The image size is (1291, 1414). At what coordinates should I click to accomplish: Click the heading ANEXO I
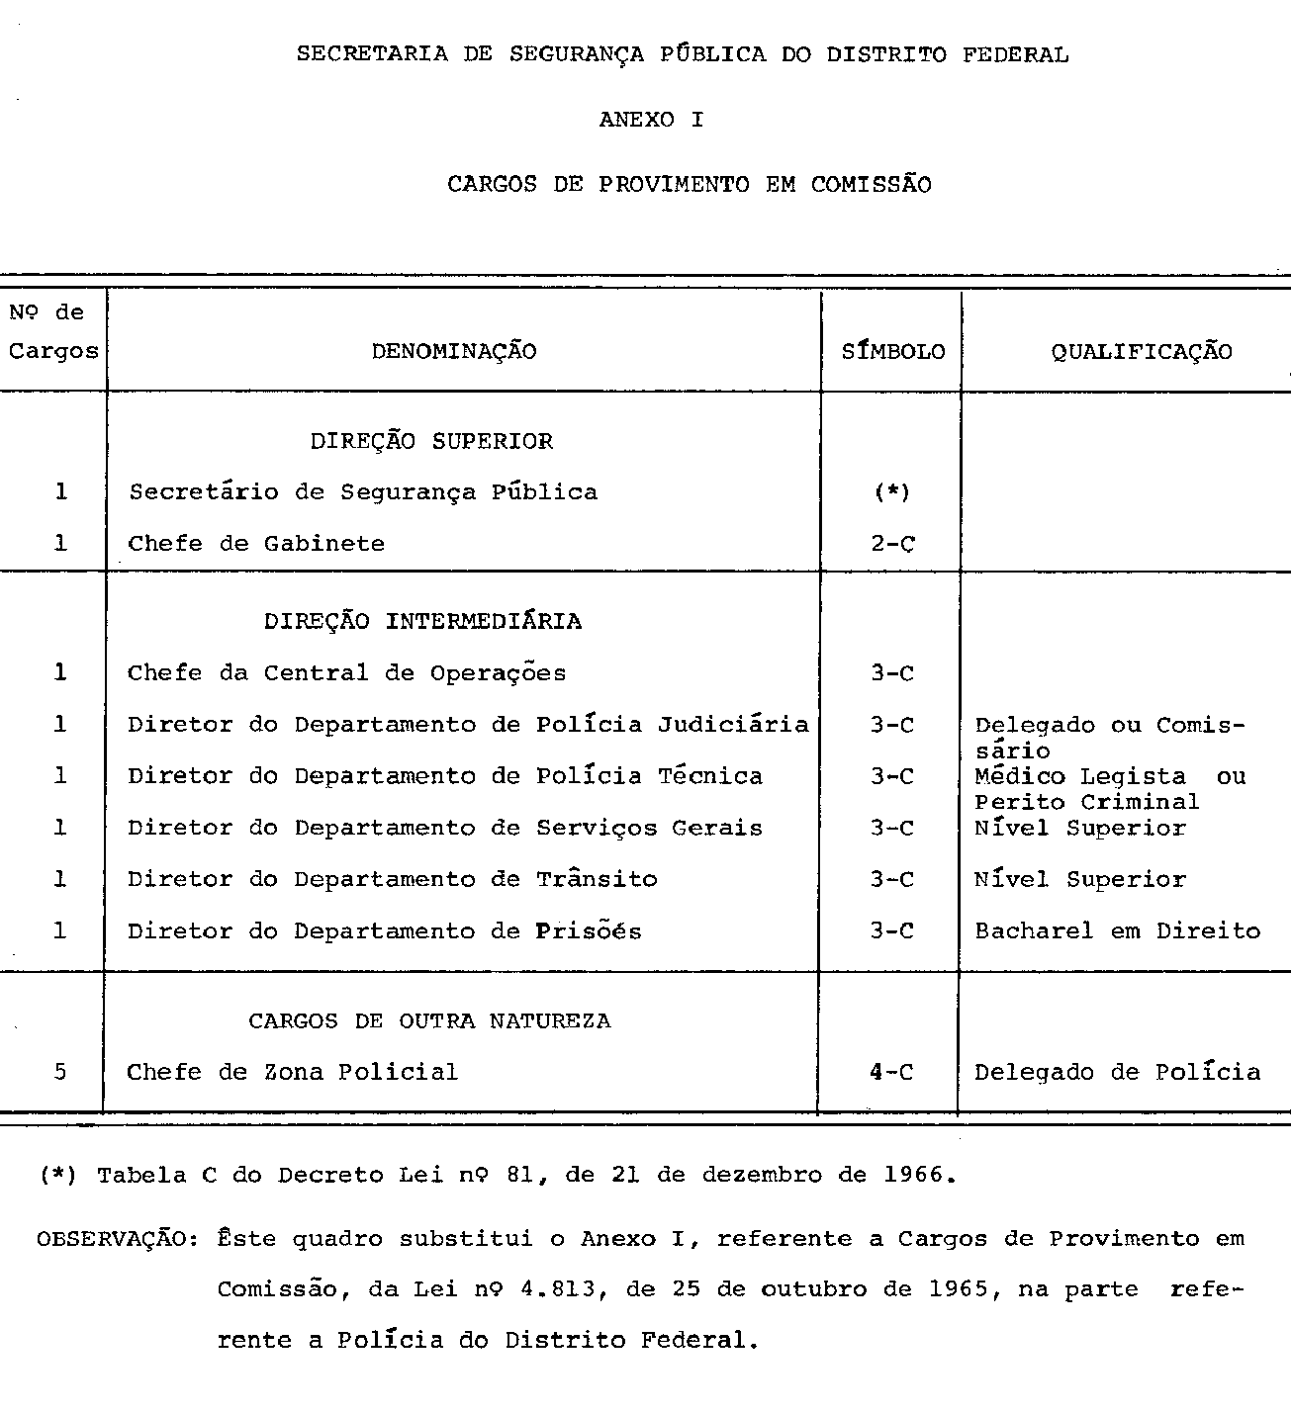pyautogui.click(x=651, y=120)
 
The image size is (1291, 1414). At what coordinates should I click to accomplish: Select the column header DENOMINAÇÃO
pyautogui.click(x=454, y=351)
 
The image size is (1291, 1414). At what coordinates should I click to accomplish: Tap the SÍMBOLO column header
pyautogui.click(x=892, y=351)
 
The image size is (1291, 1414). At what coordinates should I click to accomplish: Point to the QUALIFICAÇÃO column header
pyautogui.click(x=1142, y=351)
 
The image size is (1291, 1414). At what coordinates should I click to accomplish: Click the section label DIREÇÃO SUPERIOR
pyautogui.click(x=431, y=441)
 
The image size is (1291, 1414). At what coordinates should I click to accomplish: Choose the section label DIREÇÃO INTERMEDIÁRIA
pyautogui.click(x=422, y=621)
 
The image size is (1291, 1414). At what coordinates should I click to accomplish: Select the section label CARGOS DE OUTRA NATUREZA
pyautogui.click(x=429, y=1020)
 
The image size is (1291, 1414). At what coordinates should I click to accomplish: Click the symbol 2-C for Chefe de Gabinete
pyautogui.click(x=892, y=544)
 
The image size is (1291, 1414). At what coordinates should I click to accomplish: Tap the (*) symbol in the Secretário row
pyautogui.click(x=892, y=491)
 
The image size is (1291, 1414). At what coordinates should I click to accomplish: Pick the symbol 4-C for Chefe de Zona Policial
pyautogui.click(x=891, y=1072)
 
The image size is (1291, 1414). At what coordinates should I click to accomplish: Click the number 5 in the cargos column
pyautogui.click(x=60, y=1072)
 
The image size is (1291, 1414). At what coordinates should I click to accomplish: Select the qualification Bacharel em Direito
pyautogui.click(x=1117, y=930)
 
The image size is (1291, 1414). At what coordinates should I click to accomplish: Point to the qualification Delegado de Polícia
pyautogui.click(x=1117, y=1072)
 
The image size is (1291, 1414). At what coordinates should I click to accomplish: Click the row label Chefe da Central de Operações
pyautogui.click(x=346, y=673)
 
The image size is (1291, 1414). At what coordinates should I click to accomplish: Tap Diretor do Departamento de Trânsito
pyautogui.click(x=392, y=879)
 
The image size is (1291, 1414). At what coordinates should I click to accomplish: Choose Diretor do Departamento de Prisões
pyautogui.click(x=384, y=930)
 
